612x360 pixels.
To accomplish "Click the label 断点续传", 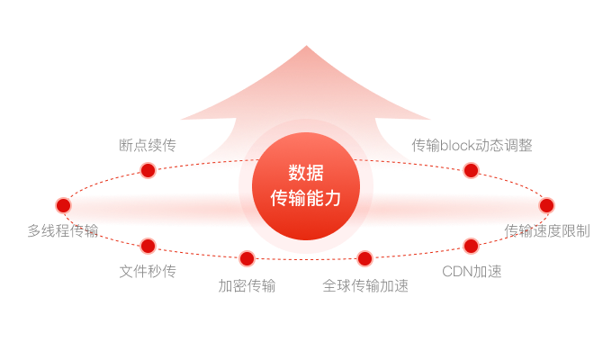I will (x=147, y=145).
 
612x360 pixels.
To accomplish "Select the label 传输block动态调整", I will (x=472, y=145).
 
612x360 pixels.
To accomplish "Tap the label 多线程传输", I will (x=63, y=230).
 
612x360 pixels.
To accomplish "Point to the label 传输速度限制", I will (x=547, y=230).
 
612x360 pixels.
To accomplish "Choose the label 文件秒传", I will (x=148, y=270).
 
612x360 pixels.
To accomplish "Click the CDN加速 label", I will (x=472, y=270).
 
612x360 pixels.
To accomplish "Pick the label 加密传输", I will (x=247, y=286).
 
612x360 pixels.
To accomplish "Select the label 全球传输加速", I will (x=365, y=286).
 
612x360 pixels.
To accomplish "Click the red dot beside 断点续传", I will (x=148, y=170).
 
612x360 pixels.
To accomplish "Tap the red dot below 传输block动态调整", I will (x=471, y=170).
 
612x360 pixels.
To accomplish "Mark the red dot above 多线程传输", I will (x=63, y=205).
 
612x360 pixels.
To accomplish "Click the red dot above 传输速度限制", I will (x=546, y=205).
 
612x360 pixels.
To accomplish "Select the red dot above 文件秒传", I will (x=148, y=246).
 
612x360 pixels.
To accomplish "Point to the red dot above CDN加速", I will (x=471, y=246).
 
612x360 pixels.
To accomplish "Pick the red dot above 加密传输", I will (x=247, y=259).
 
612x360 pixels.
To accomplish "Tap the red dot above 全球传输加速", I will (x=364, y=259).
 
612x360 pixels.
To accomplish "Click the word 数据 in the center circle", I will (x=306, y=173).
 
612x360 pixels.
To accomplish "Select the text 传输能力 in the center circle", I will (x=306, y=197).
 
